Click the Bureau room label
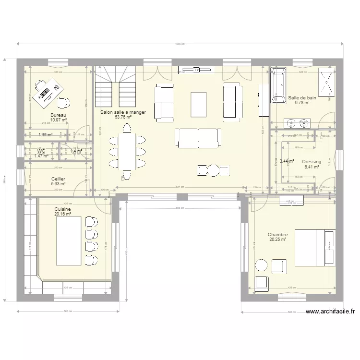[58, 115]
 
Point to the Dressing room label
[312, 162]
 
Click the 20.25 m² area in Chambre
[277, 240]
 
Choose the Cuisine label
[63, 209]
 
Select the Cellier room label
[58, 179]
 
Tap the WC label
[41, 151]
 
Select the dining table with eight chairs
[127, 152]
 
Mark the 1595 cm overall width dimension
[180, 45]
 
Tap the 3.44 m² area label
[286, 162]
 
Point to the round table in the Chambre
[262, 265]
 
